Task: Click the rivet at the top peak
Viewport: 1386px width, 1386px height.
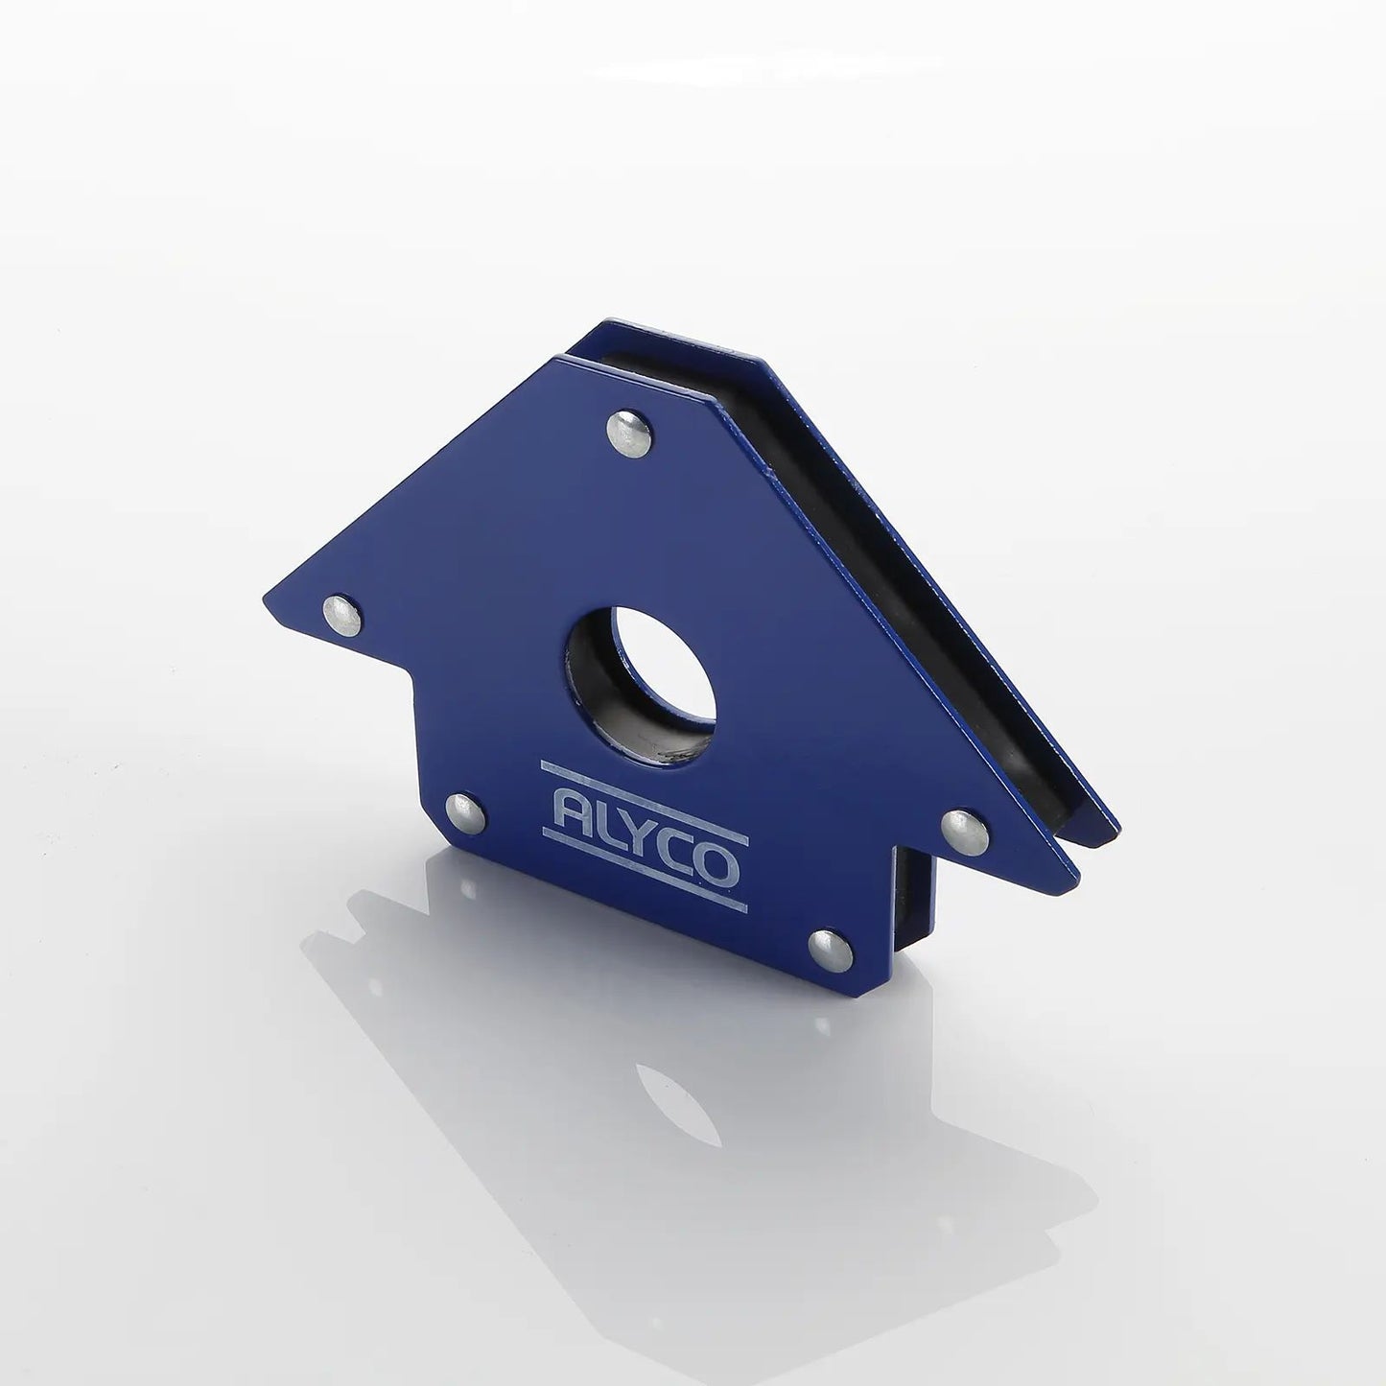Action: [x=629, y=433]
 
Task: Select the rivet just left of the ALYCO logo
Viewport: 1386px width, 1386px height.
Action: [x=465, y=813]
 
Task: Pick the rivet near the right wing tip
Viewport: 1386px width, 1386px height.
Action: [x=965, y=833]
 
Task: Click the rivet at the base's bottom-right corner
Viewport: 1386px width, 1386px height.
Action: [x=831, y=951]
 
